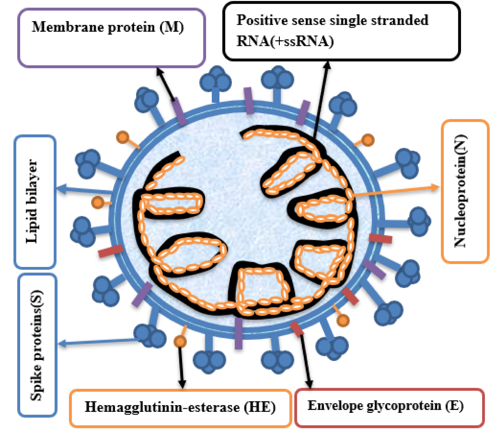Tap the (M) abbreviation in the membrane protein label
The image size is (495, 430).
(172, 27)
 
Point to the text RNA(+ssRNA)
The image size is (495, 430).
(285, 41)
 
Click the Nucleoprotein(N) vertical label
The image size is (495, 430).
(461, 191)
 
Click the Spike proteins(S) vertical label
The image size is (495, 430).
(36, 345)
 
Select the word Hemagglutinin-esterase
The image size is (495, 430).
(162, 407)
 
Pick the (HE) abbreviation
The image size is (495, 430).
(260, 407)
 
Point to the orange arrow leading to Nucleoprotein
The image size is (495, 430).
(396, 192)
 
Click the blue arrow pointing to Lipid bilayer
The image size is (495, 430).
(84, 190)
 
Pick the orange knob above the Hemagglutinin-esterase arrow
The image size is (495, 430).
(180, 341)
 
